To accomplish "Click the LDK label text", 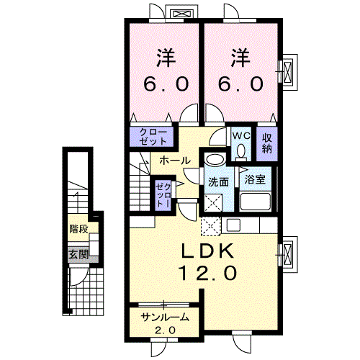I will click(x=204, y=252).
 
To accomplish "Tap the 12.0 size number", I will click(x=204, y=273).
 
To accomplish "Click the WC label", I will click(x=240, y=135).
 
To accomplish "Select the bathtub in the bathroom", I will click(x=255, y=201).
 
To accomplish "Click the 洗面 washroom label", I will click(x=218, y=181).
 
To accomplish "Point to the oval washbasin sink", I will click(x=214, y=161).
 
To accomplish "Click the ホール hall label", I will click(x=175, y=160).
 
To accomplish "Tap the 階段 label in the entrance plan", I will click(x=78, y=230).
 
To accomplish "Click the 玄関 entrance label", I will click(x=78, y=253).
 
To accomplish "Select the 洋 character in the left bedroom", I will click(x=166, y=56).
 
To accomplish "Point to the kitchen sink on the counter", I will click(x=233, y=225).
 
